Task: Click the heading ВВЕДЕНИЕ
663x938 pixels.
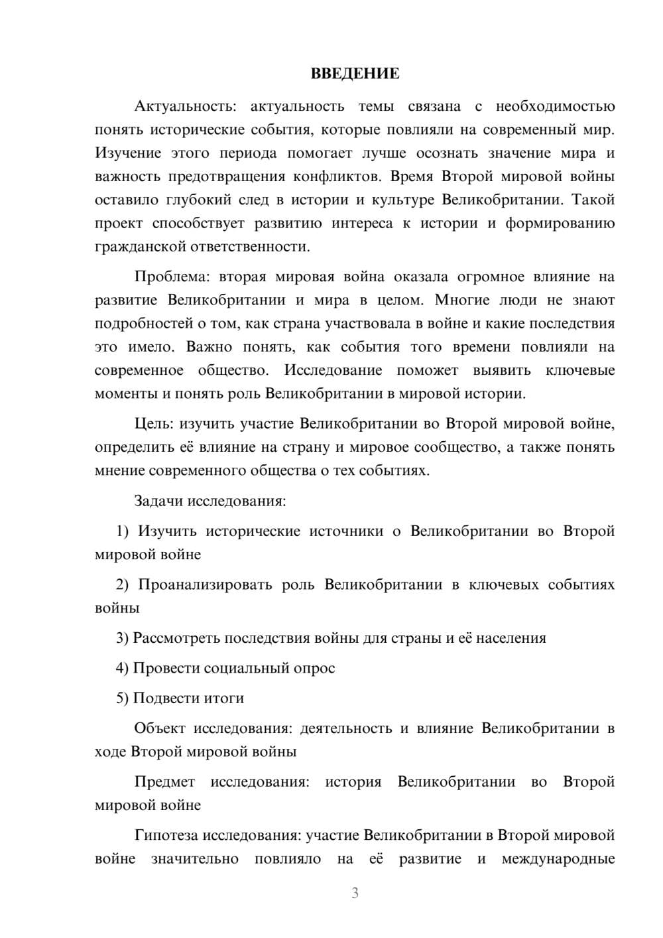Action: click(355, 74)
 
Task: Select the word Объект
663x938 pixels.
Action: click(160, 728)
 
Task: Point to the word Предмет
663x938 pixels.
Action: click(164, 781)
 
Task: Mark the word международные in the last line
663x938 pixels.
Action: click(558, 859)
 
